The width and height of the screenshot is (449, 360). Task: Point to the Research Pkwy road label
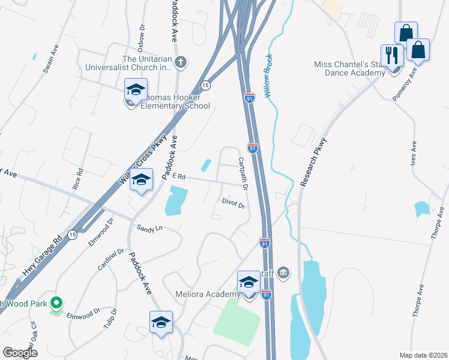point(313,163)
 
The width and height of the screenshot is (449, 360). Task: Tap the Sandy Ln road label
point(150,228)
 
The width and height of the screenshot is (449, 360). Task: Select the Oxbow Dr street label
point(142,35)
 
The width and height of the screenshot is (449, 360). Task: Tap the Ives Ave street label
point(414,154)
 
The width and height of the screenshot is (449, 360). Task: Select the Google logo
point(20,352)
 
